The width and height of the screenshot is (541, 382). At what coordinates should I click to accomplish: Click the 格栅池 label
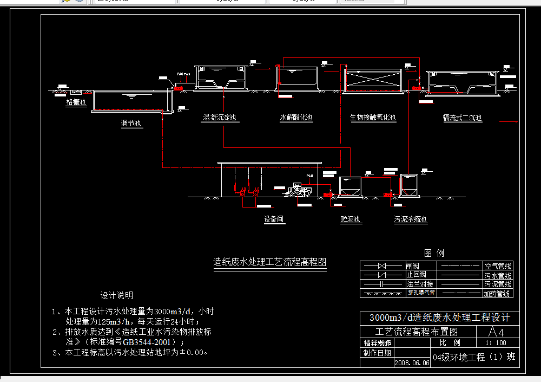pos(76,102)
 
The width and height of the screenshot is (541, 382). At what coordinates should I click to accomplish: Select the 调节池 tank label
pos(131,124)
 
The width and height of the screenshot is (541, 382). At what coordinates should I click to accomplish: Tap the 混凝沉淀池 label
pos(219,118)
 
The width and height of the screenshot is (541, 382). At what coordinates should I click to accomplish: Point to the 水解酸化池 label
pos(296,118)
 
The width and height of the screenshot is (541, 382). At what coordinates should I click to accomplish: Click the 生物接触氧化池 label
pos(373,118)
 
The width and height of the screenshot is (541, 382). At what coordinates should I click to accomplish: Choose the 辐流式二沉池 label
pos(462,118)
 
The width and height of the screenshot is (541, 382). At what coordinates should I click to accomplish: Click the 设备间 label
pos(274,219)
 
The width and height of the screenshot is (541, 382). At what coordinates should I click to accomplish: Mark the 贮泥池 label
pos(351,219)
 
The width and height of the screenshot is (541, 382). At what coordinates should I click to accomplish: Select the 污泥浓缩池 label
pos(411,219)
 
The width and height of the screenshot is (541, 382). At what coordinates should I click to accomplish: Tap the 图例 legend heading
pos(434,253)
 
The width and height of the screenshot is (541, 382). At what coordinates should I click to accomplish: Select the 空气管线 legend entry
pos(498,266)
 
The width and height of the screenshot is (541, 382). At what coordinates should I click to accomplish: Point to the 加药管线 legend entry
pos(498,294)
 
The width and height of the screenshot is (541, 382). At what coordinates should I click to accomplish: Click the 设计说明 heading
pos(116,296)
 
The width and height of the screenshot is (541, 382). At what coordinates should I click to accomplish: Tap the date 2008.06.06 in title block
pos(412,363)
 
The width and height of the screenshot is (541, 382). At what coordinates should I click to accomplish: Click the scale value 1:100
pos(496,343)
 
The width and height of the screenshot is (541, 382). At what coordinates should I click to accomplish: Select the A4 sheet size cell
pos(496,331)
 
